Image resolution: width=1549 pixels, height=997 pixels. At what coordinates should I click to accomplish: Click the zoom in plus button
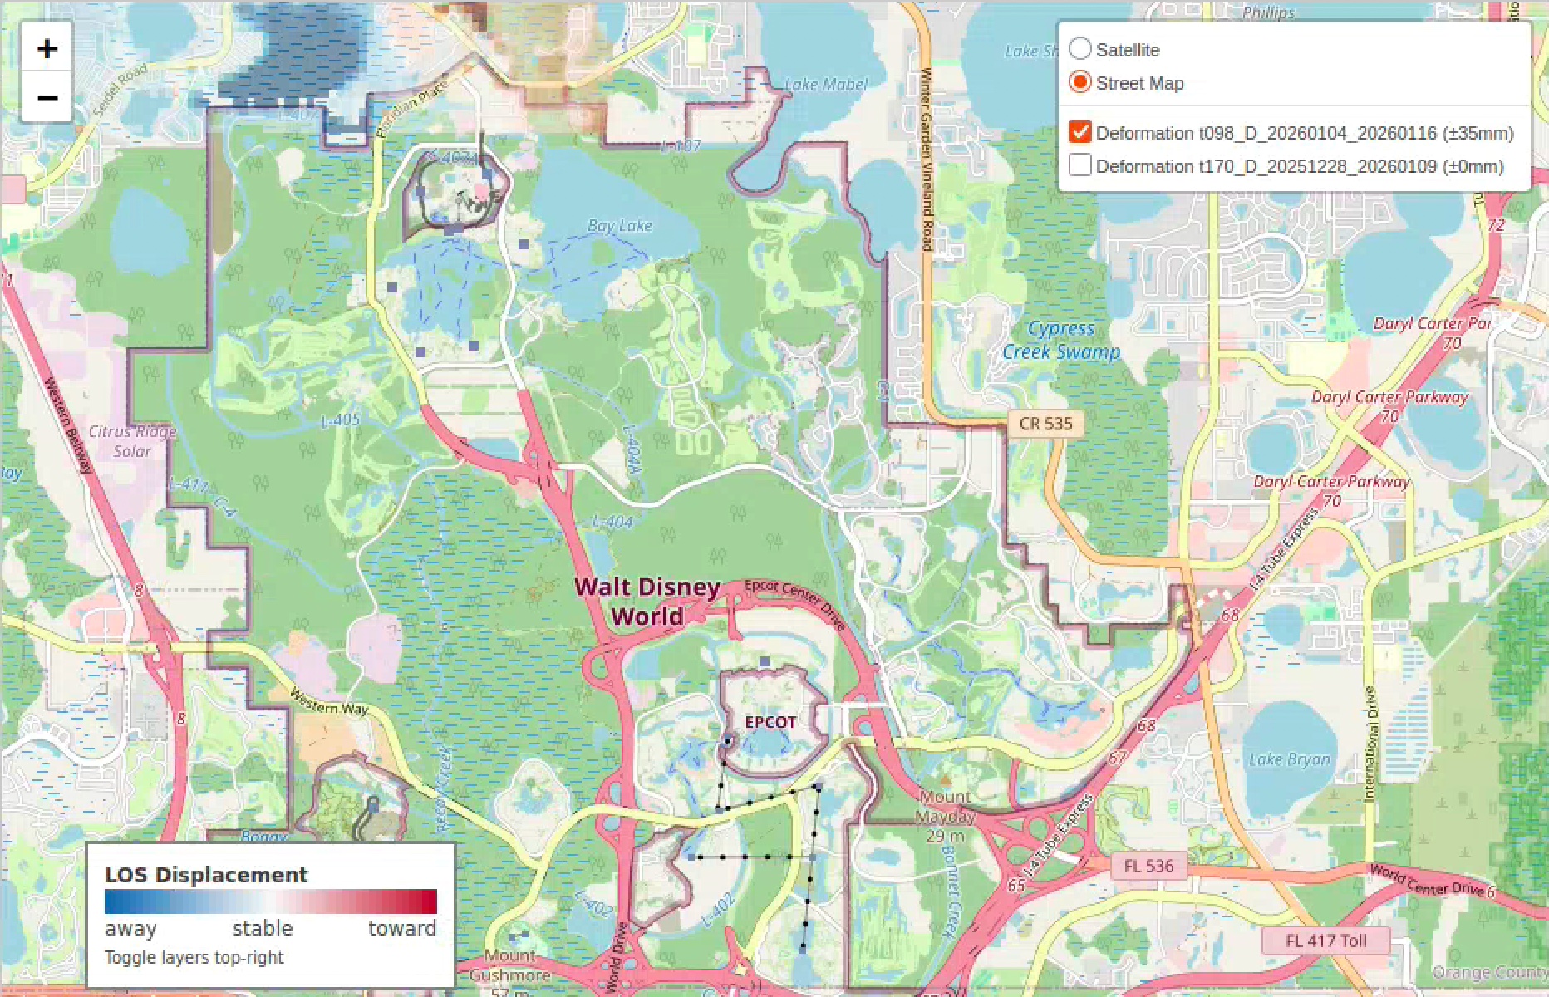tap(47, 49)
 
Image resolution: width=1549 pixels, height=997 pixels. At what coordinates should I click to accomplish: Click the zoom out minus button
tap(47, 98)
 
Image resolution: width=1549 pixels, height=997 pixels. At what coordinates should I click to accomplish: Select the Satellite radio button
tap(1079, 49)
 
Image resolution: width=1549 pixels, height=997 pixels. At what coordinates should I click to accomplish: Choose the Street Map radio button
tap(1079, 82)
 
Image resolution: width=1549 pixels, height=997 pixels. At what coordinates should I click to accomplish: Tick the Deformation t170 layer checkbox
tap(1079, 165)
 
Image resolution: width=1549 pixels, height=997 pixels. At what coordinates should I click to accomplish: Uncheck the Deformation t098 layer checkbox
tap(1079, 132)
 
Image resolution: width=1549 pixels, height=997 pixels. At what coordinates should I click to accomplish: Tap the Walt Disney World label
tap(647, 602)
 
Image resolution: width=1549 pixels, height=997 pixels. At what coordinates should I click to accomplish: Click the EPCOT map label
tap(770, 722)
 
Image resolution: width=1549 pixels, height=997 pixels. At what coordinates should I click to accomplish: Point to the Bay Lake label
tap(619, 226)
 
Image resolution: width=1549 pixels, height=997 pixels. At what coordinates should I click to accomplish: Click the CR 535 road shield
tap(1045, 423)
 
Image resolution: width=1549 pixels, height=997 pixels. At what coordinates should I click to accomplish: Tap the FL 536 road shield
tap(1148, 866)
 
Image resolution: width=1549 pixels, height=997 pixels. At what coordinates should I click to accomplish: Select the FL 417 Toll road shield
tap(1325, 941)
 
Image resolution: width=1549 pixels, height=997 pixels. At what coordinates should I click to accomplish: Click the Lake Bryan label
tap(1289, 759)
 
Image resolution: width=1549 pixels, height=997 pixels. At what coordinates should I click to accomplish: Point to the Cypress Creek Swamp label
tap(1060, 340)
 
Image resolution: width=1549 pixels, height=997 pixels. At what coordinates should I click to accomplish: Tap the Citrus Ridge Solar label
tap(132, 441)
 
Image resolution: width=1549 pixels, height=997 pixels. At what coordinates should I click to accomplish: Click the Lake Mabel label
tap(825, 84)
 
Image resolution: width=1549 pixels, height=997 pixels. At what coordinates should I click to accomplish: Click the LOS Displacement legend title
tap(206, 875)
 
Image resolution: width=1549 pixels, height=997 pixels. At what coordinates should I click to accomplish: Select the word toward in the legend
tap(402, 928)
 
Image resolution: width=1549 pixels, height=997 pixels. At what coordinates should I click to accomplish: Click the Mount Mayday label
tap(944, 806)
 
